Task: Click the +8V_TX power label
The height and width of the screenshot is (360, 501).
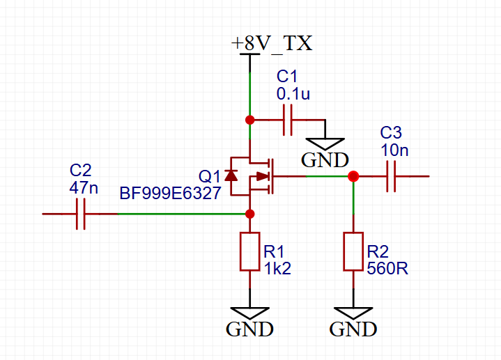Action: [272, 43]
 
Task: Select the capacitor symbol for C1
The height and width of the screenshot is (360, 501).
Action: [286, 120]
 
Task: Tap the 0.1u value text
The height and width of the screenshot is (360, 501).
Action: [292, 93]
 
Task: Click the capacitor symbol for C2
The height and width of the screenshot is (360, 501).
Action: [81, 214]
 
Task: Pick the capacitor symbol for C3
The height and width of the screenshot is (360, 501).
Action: [391, 176]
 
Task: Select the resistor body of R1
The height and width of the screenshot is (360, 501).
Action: [249, 251]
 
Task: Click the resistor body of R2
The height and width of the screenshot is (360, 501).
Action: [353, 251]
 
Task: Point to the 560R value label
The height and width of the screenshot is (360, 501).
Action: [387, 268]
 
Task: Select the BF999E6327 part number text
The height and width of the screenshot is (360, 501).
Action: [170, 193]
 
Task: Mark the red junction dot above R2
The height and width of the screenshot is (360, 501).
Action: [353, 176]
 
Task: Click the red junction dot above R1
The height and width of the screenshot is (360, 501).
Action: [249, 214]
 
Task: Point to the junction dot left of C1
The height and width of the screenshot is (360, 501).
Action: [249, 120]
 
